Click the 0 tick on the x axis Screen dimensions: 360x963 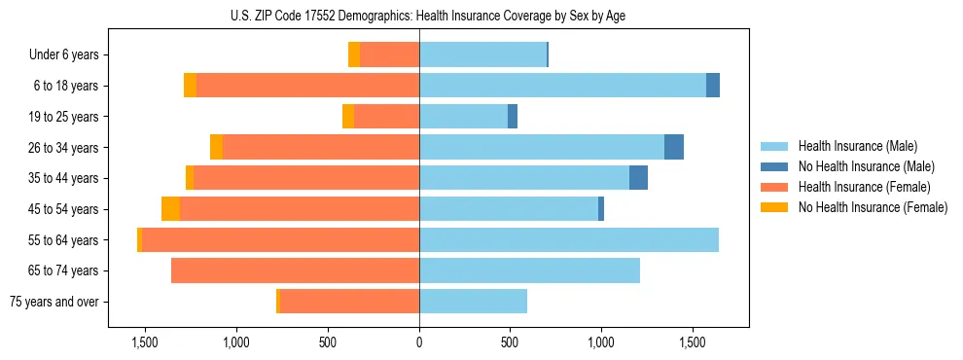tap(419, 342)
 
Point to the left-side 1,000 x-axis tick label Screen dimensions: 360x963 tap(236, 342)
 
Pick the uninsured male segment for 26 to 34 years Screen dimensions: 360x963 tap(674, 147)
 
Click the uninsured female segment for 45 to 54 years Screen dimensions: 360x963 tap(170, 209)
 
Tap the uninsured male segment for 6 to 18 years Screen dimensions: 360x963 tap(713, 86)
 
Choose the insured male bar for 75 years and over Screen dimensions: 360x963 tap(473, 302)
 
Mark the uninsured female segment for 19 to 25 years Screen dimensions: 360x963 tap(348, 117)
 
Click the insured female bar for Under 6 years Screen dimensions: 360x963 tap(389, 54)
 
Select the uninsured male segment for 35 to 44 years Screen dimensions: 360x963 tap(638, 178)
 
